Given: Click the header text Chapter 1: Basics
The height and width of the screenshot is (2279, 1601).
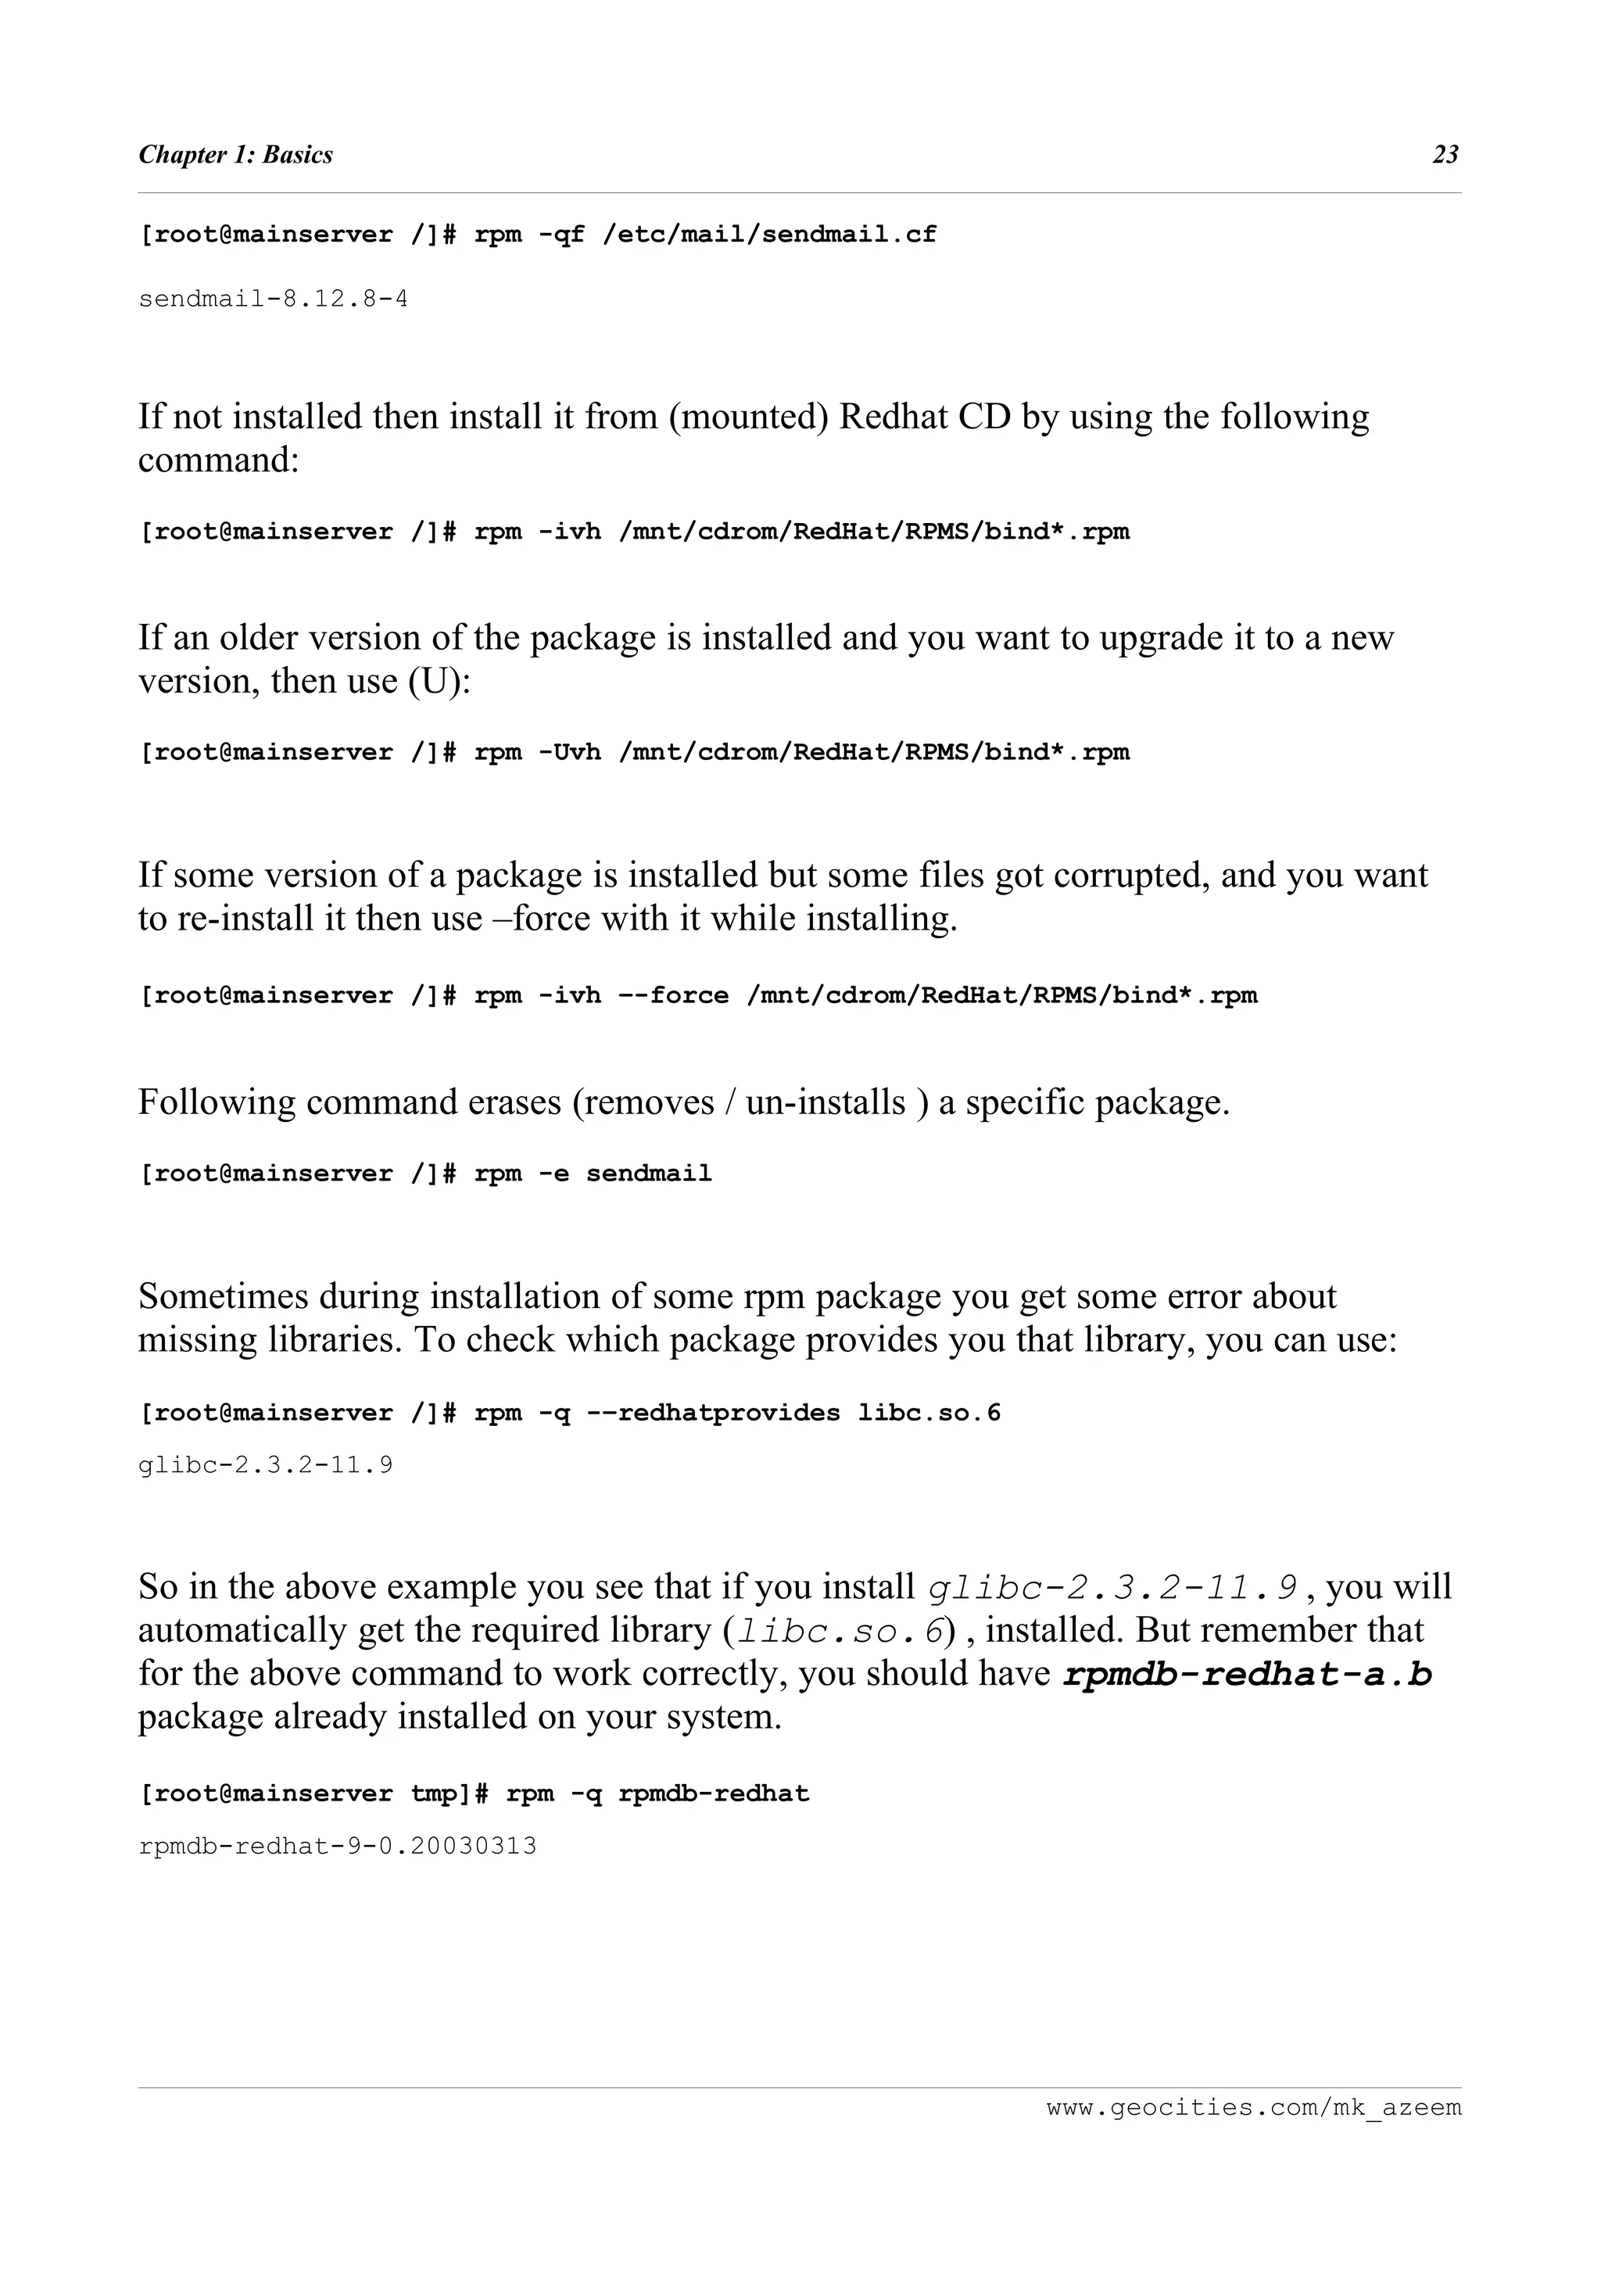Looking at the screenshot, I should point(235,155).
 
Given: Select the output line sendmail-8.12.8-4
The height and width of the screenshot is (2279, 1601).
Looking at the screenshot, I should point(273,299).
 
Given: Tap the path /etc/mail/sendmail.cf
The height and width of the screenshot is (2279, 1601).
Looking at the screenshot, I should point(769,235).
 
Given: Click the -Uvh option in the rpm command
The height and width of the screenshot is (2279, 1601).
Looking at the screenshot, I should point(570,752).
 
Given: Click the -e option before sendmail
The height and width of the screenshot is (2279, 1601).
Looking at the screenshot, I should point(553,1174).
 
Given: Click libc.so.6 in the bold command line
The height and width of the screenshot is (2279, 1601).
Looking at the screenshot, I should point(929,1414).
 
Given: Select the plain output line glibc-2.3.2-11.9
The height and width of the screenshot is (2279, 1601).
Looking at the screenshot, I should point(265,1465).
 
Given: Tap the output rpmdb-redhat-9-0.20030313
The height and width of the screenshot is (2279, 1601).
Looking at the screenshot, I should point(338,1846).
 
